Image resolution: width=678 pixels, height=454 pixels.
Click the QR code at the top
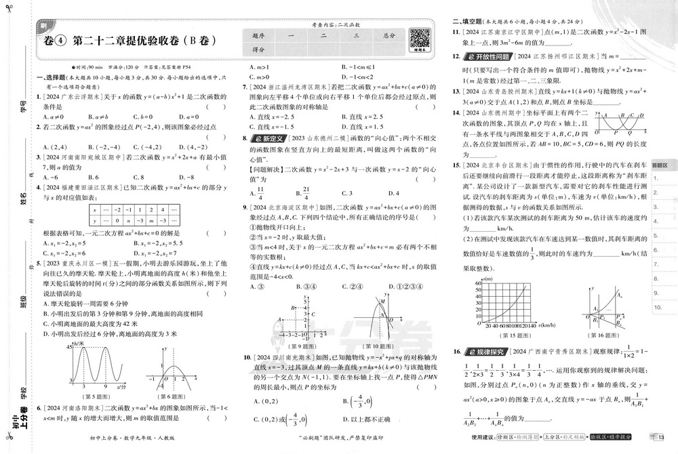point(421,37)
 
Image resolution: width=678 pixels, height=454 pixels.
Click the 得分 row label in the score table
point(258,49)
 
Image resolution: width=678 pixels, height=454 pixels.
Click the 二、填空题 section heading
point(466,21)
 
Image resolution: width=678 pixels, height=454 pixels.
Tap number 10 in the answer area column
point(658,307)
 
